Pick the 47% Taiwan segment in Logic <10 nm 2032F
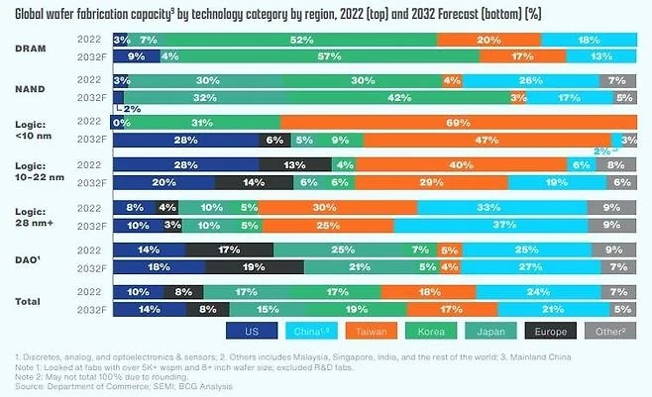[x=487, y=141]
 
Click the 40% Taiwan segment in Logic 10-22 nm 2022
[x=460, y=165]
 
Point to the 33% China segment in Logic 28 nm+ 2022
[x=501, y=208]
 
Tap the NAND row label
[x=31, y=89]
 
